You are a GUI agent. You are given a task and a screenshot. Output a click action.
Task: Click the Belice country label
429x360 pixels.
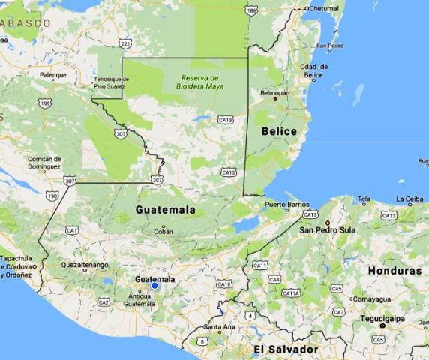pos(279,131)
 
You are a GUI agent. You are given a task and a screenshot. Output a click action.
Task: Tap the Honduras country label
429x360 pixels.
pos(394,270)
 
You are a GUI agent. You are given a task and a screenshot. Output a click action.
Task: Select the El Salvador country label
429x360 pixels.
pos(285,349)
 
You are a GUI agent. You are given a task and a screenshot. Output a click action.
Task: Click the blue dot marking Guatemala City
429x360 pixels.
pos(154,286)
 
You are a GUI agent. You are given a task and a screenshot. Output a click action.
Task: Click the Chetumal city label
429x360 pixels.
pos(325,8)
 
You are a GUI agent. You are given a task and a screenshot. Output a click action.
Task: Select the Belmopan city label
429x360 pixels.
pos(274,93)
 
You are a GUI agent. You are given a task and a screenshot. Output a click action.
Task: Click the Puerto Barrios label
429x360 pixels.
pos(287,204)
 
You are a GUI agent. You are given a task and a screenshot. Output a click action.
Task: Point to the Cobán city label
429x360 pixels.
pos(163,232)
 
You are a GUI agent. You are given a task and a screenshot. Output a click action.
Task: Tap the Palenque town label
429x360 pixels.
pos(52,75)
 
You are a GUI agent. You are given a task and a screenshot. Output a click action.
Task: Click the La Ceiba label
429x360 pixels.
pos(409,199)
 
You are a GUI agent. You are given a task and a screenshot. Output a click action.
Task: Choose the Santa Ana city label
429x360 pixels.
pos(219,328)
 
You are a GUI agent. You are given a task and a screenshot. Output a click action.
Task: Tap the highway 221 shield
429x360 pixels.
pos(125,43)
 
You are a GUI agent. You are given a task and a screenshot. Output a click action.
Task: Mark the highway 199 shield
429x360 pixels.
pos(46,102)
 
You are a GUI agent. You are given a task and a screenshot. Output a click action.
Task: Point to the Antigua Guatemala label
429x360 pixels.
pos(139,300)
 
